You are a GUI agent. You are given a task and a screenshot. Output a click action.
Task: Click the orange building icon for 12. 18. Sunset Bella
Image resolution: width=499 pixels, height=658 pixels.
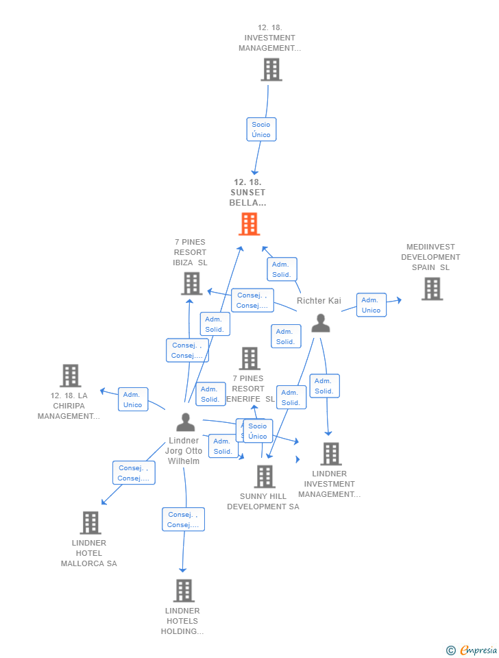(249, 224)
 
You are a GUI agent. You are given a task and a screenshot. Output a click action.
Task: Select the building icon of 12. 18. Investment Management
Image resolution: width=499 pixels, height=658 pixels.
(271, 69)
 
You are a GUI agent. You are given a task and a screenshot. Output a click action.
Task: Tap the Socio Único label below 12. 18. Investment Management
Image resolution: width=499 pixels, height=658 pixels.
(261, 130)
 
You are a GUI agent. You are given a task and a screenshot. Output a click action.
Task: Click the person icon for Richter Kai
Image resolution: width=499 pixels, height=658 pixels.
(320, 323)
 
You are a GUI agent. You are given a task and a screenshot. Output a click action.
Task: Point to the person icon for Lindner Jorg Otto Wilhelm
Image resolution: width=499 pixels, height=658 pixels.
(185, 422)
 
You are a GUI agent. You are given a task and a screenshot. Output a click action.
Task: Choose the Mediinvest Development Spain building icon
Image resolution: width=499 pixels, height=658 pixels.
(431, 289)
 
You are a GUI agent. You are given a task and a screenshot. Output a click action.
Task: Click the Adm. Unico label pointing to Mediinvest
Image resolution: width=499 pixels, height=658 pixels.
(371, 305)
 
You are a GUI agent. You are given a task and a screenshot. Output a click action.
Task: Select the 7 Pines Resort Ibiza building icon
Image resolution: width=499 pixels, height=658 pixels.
(191, 283)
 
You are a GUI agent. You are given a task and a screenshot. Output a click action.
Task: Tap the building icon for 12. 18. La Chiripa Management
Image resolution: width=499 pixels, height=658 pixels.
(70, 375)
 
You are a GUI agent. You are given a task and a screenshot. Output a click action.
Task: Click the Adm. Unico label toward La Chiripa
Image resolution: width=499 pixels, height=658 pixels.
(132, 400)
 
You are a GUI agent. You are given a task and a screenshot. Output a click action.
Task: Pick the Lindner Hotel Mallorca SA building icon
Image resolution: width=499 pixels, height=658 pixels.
(90, 522)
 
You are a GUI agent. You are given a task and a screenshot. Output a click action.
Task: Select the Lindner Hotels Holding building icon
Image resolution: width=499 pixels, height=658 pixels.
(183, 590)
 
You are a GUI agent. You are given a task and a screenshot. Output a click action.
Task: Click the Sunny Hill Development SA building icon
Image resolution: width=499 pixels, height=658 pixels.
(264, 476)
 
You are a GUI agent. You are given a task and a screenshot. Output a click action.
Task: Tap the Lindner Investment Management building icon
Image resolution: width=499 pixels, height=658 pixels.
(330, 453)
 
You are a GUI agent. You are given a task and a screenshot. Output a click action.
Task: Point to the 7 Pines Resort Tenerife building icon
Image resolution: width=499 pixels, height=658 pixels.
(249, 358)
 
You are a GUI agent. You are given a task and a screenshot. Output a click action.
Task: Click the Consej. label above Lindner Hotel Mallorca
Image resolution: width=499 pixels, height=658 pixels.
(134, 473)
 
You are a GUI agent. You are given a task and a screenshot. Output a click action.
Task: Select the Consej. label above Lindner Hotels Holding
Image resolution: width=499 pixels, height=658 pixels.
(183, 520)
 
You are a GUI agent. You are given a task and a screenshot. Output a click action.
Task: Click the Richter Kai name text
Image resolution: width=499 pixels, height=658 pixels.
(319, 301)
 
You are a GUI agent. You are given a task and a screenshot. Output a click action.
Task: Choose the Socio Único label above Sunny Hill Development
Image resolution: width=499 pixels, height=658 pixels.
(258, 431)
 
